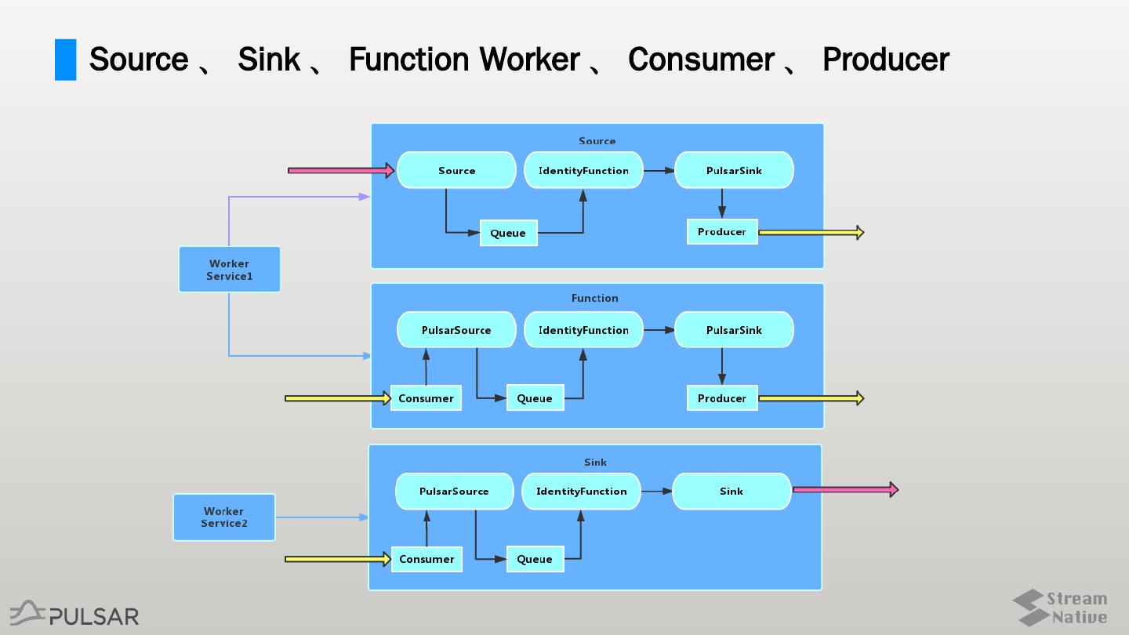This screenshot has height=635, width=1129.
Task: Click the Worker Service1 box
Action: point(229,270)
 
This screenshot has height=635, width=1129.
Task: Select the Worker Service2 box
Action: point(224,517)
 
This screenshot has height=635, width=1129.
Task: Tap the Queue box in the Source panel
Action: point(508,233)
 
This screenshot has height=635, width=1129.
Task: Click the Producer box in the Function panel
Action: point(722,398)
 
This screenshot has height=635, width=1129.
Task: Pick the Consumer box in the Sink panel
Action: point(427,559)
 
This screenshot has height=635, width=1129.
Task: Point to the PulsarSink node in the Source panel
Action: point(734,170)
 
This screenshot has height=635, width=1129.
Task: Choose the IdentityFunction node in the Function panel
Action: point(583,330)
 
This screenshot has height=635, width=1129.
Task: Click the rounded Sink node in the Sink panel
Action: point(731,492)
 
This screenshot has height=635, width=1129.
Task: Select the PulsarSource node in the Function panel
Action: point(456,330)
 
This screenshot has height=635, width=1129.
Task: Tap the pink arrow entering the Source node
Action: point(340,170)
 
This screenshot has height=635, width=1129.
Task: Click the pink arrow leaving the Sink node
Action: point(845,490)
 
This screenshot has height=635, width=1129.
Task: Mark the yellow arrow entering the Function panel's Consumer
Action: point(337,398)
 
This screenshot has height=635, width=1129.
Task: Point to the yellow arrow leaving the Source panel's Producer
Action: point(811,233)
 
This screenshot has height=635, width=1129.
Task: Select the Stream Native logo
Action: point(1060,608)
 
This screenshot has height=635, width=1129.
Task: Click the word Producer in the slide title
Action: point(886,60)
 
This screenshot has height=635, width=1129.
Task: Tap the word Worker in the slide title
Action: point(530,60)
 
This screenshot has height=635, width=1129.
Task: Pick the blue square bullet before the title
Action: point(66,60)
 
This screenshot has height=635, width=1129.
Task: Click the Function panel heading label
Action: point(595,298)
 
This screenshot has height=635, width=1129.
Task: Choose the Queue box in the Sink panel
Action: point(535,559)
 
